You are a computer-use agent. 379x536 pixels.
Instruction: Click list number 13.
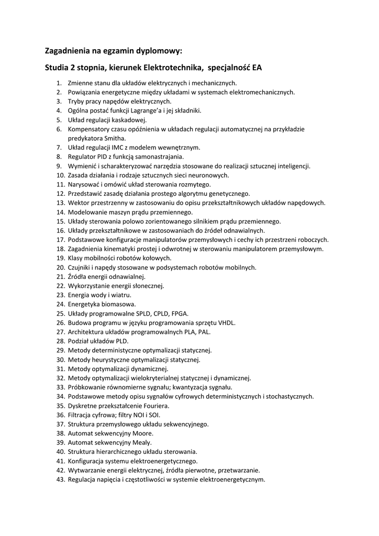click(60, 203)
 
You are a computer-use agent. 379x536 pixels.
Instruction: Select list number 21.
click(60, 276)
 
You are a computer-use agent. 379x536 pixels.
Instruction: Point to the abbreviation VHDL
click(226, 322)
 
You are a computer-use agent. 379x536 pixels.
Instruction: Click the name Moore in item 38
click(141, 433)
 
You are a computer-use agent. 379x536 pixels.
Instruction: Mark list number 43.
click(60, 479)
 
